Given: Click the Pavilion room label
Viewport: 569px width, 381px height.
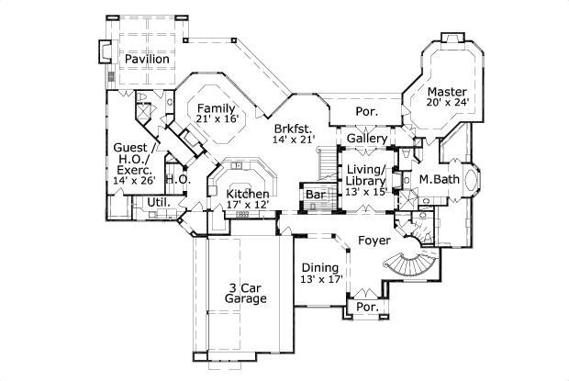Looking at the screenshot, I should [x=147, y=59].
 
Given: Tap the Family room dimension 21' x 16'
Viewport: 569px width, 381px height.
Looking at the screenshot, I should [x=217, y=118].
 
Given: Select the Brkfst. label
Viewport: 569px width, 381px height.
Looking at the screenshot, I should [x=293, y=129].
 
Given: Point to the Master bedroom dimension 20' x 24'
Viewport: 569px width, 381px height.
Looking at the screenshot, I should [x=446, y=104].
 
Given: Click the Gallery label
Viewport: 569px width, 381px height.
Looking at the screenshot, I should [x=365, y=138].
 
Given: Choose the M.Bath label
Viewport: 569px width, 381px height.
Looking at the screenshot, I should [x=440, y=179].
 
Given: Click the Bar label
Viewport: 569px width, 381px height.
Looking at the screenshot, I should [x=316, y=196].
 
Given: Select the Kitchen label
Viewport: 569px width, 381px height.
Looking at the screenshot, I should [x=248, y=194].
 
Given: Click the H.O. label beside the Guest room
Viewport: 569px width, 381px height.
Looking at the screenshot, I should [x=177, y=180].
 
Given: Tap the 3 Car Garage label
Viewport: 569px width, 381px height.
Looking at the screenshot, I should [x=247, y=293].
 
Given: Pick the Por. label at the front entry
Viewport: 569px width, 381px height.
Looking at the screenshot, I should [x=366, y=306].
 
